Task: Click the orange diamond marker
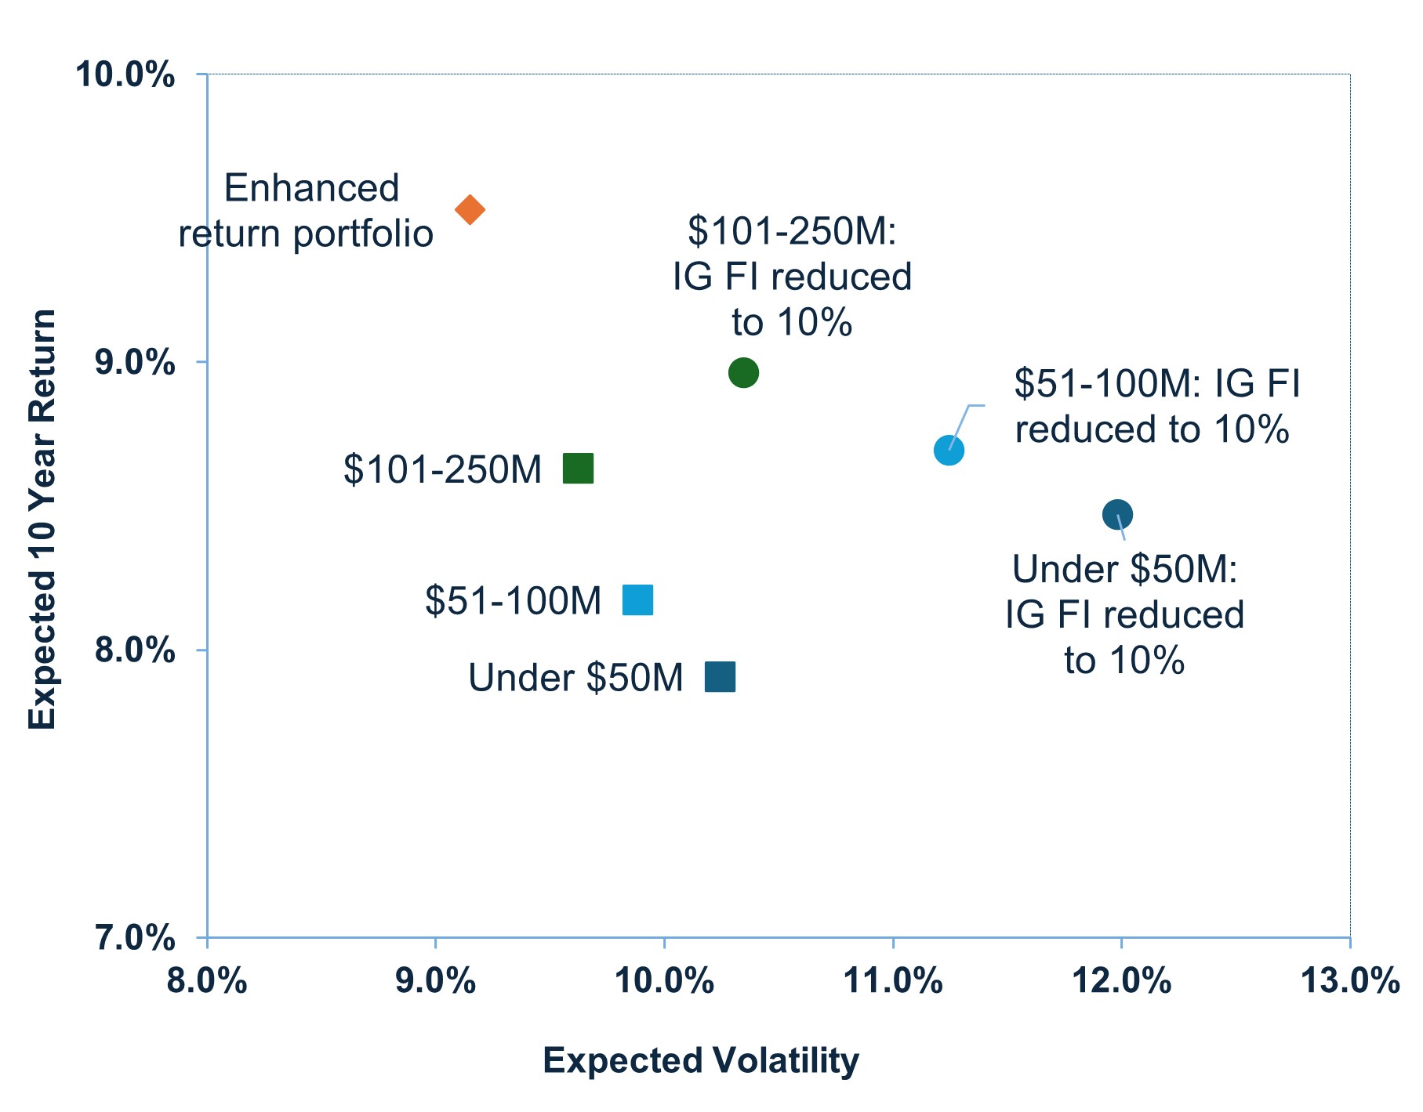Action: click(470, 210)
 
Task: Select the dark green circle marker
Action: click(743, 372)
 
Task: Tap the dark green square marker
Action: click(579, 469)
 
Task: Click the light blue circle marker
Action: click(949, 451)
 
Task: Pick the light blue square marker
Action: click(637, 600)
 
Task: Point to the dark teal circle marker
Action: click(1117, 515)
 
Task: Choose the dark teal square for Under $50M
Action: click(720, 676)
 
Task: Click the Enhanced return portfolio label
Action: click(307, 212)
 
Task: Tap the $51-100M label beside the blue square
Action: click(513, 601)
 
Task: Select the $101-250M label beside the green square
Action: click(442, 470)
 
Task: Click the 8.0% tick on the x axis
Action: click(207, 981)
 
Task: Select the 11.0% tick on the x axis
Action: click(892, 981)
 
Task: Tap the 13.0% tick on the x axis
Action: click(1349, 981)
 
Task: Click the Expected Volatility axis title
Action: click(700, 1061)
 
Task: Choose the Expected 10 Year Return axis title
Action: click(42, 519)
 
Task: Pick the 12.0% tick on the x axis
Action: click(1121, 981)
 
